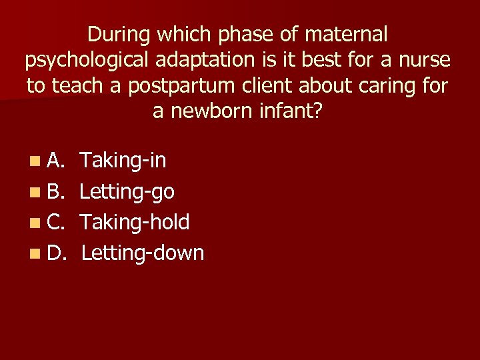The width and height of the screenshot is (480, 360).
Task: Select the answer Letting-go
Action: (x=127, y=192)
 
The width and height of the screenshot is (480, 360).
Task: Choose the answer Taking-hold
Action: (x=135, y=222)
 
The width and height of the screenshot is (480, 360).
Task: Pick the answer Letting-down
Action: (x=143, y=253)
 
